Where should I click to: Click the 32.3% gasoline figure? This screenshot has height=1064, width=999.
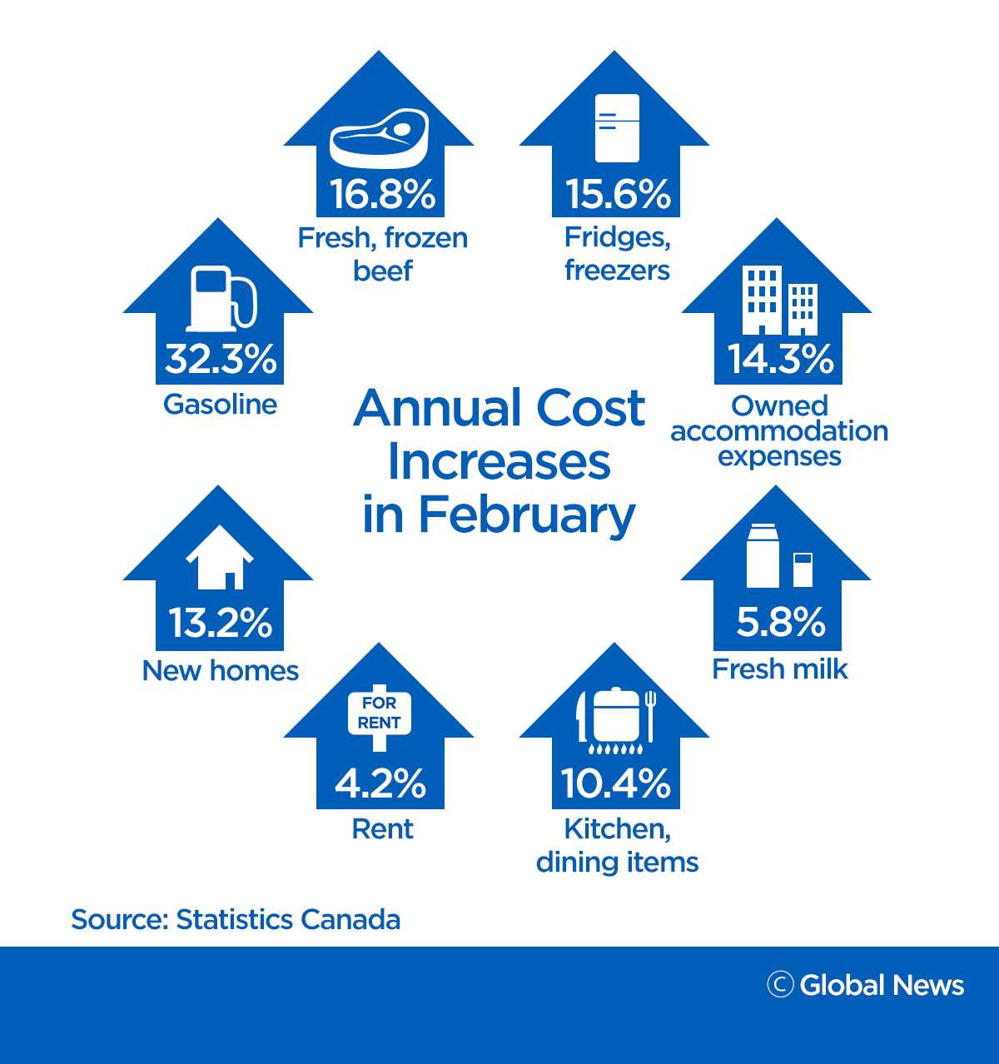(x=221, y=359)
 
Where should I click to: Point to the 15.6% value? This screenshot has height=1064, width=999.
(x=618, y=194)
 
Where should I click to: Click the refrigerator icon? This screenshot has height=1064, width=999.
(x=617, y=127)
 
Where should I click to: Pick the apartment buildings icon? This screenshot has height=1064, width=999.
(x=779, y=301)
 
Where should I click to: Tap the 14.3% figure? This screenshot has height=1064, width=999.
(x=780, y=359)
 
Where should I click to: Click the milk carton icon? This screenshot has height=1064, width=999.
(x=763, y=555)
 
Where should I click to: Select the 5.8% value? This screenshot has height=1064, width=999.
(x=780, y=622)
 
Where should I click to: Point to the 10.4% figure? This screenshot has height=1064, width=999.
(x=616, y=783)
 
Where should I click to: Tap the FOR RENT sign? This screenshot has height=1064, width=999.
(x=380, y=713)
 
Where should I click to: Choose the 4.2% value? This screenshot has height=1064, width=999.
(x=380, y=783)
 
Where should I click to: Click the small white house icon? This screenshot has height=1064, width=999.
(x=220, y=557)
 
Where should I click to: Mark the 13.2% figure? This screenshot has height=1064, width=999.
(x=221, y=623)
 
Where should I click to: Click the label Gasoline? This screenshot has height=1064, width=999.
(x=220, y=405)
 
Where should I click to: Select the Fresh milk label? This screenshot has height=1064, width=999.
(x=780, y=669)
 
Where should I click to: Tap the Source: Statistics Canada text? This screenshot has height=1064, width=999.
(x=236, y=920)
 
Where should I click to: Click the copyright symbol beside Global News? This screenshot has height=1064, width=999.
(x=780, y=984)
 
